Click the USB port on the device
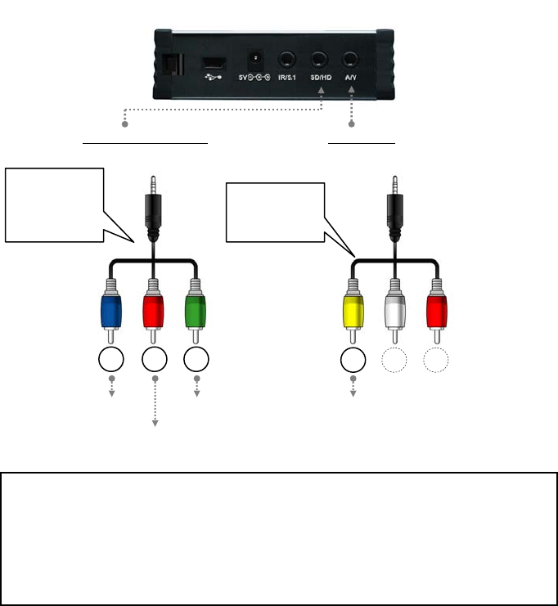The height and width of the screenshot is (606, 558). click(x=214, y=63)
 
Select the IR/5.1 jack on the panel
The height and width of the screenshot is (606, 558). click(x=287, y=60)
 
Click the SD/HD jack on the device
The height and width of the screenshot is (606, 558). click(x=319, y=60)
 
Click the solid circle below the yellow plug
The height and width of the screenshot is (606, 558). click(x=353, y=360)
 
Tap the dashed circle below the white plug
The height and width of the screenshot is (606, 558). click(x=395, y=360)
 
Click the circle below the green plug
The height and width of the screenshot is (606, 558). click(x=195, y=360)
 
